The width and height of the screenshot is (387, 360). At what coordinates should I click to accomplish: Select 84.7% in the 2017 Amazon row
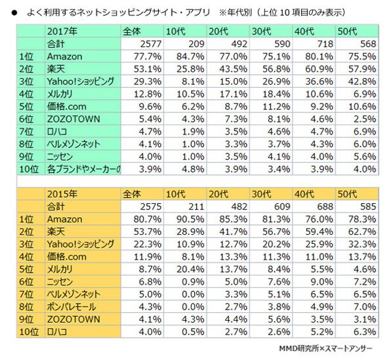(190, 56)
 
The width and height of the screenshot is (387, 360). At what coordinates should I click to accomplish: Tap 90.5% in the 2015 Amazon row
(190, 219)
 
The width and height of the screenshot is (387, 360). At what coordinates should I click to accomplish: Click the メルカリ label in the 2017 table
(60, 94)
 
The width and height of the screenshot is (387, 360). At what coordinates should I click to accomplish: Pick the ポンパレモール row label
(71, 307)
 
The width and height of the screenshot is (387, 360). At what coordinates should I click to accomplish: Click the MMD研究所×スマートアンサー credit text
(325, 348)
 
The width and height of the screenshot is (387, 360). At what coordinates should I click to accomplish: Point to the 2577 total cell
(151, 44)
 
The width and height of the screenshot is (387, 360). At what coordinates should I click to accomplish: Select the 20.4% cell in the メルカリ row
(190, 270)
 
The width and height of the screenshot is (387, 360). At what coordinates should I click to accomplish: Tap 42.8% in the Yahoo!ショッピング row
(362, 81)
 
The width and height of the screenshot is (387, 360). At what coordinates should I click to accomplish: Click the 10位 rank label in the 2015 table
(29, 332)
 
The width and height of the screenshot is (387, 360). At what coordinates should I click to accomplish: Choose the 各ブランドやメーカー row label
(84, 169)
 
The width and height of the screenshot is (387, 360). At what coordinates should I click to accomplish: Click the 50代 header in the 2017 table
(347, 31)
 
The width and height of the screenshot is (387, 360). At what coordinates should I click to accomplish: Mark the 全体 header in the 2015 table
(132, 194)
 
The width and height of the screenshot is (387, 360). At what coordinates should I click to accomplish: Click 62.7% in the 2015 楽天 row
(362, 231)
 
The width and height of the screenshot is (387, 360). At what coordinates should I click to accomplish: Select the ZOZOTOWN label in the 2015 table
(73, 319)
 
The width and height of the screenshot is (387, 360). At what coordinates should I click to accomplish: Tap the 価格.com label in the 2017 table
(67, 107)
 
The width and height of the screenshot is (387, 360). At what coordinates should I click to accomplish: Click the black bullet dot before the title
(14, 12)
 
